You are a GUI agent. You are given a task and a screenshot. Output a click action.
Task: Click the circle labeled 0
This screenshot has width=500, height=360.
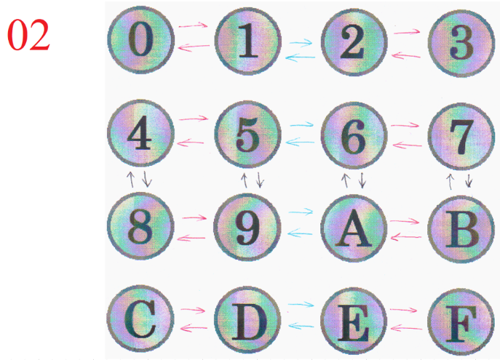tap(140, 42)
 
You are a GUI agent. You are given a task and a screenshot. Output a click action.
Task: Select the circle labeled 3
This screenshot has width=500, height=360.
tap(460, 42)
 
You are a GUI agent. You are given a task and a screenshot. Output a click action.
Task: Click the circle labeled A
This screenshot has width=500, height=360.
tap(354, 228)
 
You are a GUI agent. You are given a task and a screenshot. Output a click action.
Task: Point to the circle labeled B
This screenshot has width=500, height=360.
tap(460, 228)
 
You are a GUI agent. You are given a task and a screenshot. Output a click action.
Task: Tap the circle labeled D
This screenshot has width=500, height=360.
tap(247, 319)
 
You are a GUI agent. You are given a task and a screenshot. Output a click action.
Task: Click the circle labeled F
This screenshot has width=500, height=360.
tap(460, 319)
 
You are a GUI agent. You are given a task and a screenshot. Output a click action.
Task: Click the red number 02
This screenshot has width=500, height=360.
tap(29, 36)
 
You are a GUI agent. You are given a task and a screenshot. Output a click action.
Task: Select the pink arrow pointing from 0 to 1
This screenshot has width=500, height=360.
tap(194, 25)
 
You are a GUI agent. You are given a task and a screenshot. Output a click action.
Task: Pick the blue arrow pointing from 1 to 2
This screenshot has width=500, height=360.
tap(301, 43)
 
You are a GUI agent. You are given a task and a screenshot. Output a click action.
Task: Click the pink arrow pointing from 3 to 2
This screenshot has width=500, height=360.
tap(407, 55)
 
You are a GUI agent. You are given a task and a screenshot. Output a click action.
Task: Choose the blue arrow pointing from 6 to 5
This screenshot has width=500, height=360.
tap(301, 143)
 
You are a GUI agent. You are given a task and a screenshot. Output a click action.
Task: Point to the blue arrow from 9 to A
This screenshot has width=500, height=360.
tap(301, 212)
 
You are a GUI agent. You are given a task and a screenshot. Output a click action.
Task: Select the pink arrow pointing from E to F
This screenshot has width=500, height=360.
tap(407, 311)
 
